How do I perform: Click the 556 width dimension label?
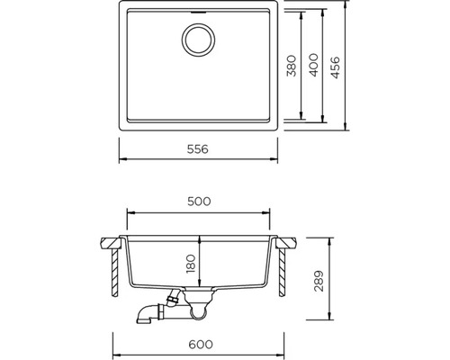[197, 149]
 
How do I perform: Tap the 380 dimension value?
[292, 66]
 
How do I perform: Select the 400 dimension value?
[313, 65]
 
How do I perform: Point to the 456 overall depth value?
[335, 67]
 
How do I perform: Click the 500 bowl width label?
[199, 202]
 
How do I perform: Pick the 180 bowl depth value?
[191, 264]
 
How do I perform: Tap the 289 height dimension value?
[319, 281]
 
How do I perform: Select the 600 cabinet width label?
[201, 344]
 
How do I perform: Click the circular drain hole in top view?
[198, 40]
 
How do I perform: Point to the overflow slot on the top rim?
[198, 13]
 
